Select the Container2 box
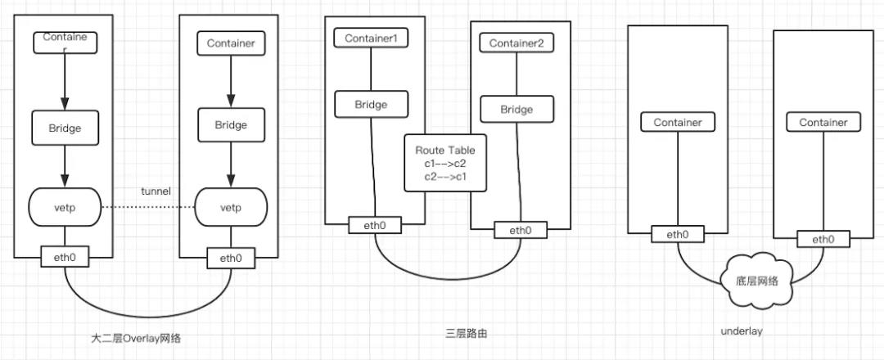pyautogui.click(x=516, y=43)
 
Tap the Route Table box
pyautogui.click(x=444, y=164)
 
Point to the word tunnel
pyautogui.click(x=156, y=191)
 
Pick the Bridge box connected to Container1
pyautogui.click(x=371, y=105)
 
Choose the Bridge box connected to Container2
pyautogui.click(x=516, y=109)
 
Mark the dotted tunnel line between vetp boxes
pyautogui.click(x=147, y=207)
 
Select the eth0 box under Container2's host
pyautogui.click(x=520, y=231)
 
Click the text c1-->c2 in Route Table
pyautogui.click(x=444, y=164)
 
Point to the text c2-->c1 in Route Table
pyautogui.click(x=444, y=176)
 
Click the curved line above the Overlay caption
pyautogui.click(x=147, y=314)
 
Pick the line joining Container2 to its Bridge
pyautogui.click(x=516, y=74)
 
